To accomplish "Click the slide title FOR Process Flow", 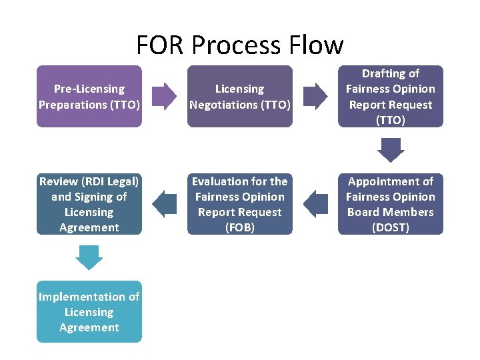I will tap(240, 45).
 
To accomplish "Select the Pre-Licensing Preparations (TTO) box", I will tap(89, 97).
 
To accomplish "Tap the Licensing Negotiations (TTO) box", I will tap(240, 97).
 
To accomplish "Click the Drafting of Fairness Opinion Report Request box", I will tap(391, 97).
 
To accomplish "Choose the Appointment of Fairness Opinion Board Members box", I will tap(391, 204).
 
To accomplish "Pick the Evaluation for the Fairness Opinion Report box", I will tap(240, 204).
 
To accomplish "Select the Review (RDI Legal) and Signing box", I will tap(89, 204).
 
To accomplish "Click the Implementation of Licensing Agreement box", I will tap(89, 311).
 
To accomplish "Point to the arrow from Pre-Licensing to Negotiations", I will tap(165, 97).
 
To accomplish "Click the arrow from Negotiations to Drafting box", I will tap(315, 97).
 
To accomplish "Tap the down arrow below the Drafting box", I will tap(391, 149).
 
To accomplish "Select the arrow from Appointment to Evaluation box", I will tap(315, 204).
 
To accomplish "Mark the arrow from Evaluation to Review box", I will tap(165, 204).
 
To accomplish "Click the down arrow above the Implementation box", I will tap(89, 257).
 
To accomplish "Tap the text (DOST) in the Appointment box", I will tap(391, 227).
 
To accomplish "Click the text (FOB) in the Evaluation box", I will tap(240, 227).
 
